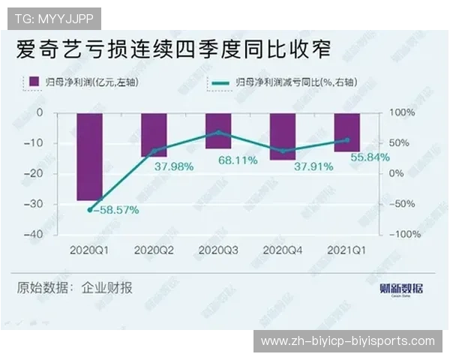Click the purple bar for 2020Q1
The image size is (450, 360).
pyautogui.click(x=89, y=156)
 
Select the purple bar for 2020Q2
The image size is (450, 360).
pyautogui.click(x=154, y=134)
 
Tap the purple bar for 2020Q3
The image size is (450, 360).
pyautogui.click(x=218, y=130)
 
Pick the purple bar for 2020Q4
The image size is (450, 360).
pyautogui.click(x=283, y=136)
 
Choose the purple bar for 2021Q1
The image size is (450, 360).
pyautogui.click(x=347, y=132)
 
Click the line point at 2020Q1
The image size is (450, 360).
pyautogui.click(x=90, y=210)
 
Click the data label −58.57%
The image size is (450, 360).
pyautogui.click(x=116, y=211)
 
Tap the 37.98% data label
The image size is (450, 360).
pyautogui.click(x=174, y=166)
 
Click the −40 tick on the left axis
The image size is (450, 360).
pyautogui.click(x=34, y=234)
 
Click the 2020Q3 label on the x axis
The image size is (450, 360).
pyautogui.click(x=218, y=249)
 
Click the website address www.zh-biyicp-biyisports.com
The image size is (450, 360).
pyautogui.click(x=347, y=341)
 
